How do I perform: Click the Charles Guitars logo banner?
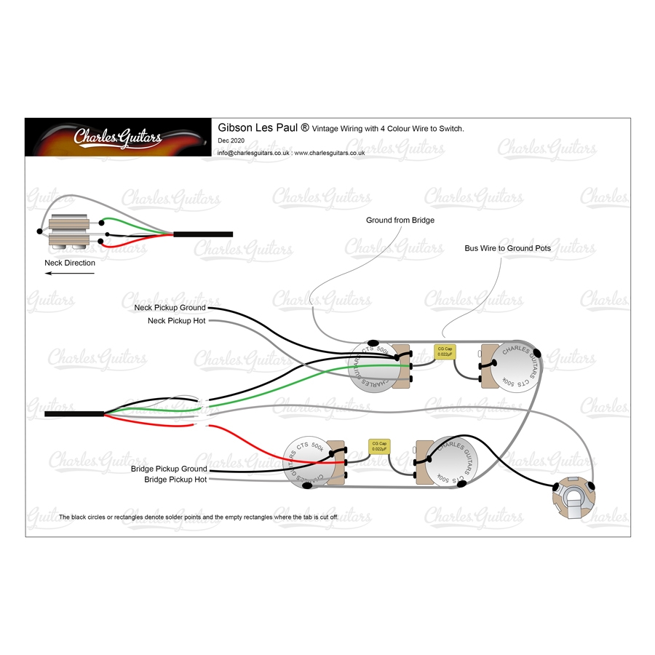pos(119,138)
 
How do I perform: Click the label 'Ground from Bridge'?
pos(400,220)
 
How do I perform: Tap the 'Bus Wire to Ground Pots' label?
pos(507,248)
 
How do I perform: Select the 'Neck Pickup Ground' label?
pos(170,308)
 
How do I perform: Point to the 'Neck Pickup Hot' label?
pos(176,320)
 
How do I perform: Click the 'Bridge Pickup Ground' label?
pos(169,469)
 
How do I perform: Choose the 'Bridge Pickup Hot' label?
pos(175,480)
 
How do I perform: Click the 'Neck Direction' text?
pos(70,263)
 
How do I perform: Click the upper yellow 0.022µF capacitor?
pos(445,352)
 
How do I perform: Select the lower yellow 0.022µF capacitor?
pos(379,445)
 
